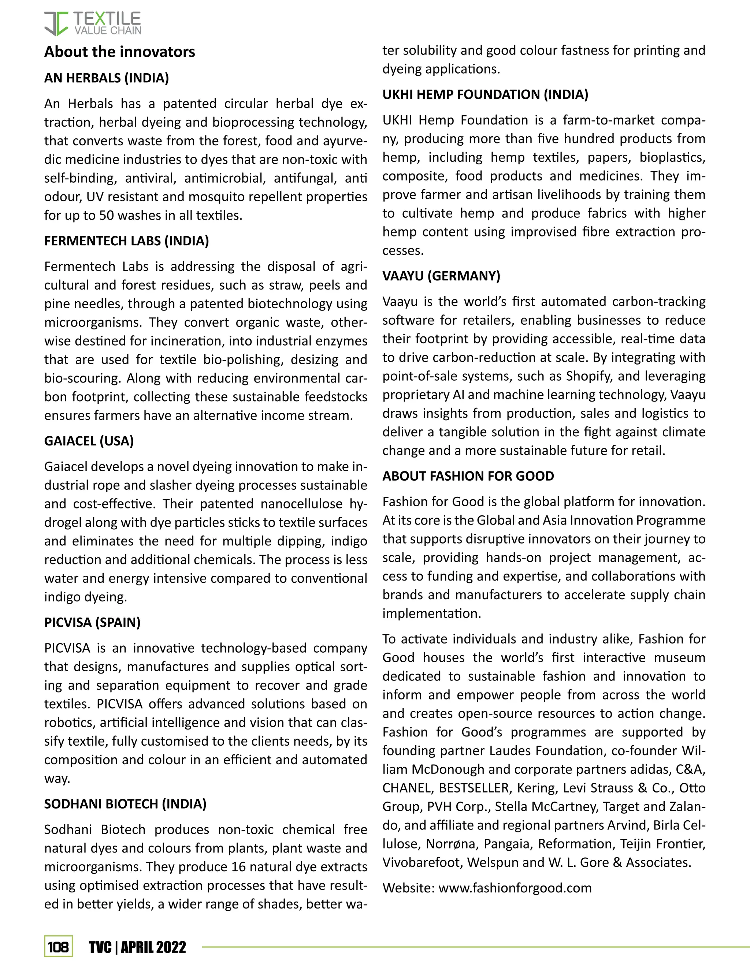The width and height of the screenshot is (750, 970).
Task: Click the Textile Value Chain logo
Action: coord(92,23)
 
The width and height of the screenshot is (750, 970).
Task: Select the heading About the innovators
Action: coord(119,52)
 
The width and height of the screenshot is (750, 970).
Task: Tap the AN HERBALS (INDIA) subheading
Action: coord(107,78)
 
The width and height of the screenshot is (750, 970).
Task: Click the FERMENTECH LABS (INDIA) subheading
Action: coord(127,241)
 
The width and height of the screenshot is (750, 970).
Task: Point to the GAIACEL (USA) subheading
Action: coord(89,441)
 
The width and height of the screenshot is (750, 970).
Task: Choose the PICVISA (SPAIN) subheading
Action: coord(92,622)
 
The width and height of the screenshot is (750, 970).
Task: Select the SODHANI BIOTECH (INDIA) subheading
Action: coord(125,804)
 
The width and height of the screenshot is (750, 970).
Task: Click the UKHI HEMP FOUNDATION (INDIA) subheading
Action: coord(485,94)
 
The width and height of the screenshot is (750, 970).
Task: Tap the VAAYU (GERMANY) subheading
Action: coord(441,276)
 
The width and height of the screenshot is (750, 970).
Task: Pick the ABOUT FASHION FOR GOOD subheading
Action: coord(468,476)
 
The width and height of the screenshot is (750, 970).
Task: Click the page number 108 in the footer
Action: coord(58,947)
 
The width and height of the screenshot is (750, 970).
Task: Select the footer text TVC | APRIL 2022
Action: coord(137,947)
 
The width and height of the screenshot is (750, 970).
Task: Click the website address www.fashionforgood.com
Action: coord(515,888)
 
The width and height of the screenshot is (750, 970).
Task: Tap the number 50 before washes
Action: coord(107,215)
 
